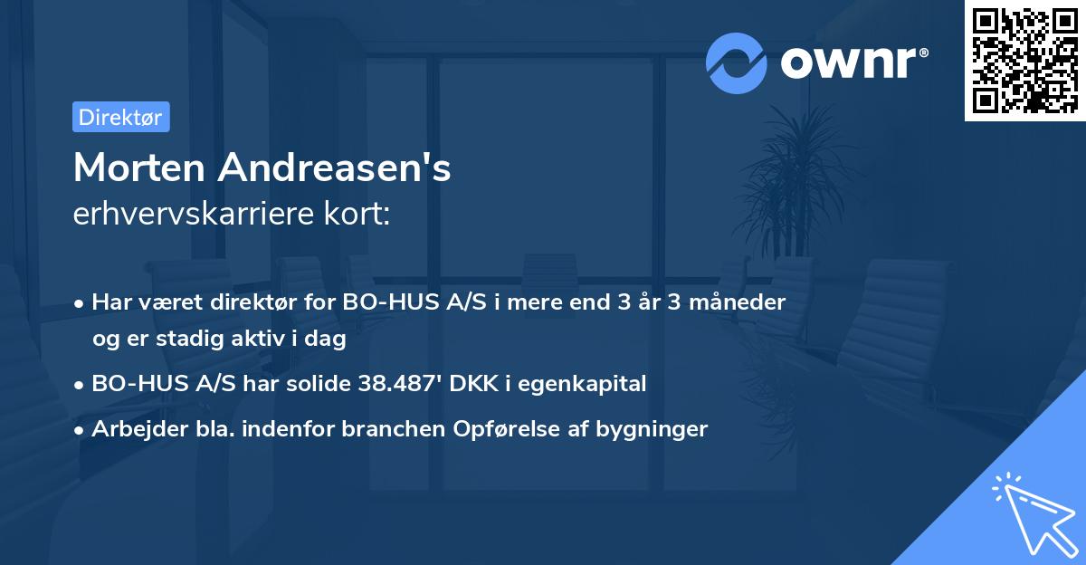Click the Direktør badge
click(120, 117)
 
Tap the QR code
click(1024, 61)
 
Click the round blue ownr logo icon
click(736, 62)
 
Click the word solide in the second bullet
click(316, 383)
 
